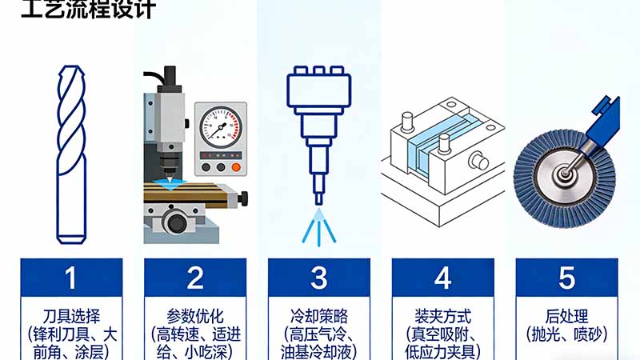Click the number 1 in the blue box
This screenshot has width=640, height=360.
71,278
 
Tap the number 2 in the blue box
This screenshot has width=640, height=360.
194,278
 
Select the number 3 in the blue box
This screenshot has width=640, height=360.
319,278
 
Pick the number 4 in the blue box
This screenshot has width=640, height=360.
442,278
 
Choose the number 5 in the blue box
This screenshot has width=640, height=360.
566,278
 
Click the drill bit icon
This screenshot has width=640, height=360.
71,152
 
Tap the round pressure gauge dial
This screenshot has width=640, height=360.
219,128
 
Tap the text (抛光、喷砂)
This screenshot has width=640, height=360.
566,333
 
